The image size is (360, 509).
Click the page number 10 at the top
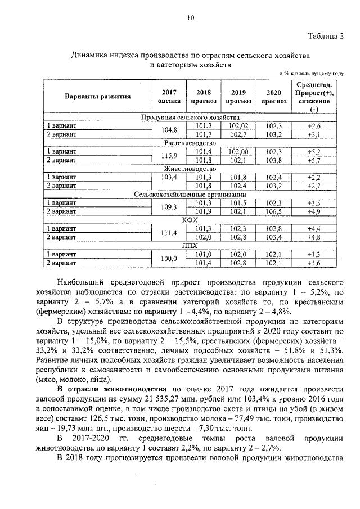pos(190,18)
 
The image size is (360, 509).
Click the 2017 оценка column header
pos(169,96)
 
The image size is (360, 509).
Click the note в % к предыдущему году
pos(311,74)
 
